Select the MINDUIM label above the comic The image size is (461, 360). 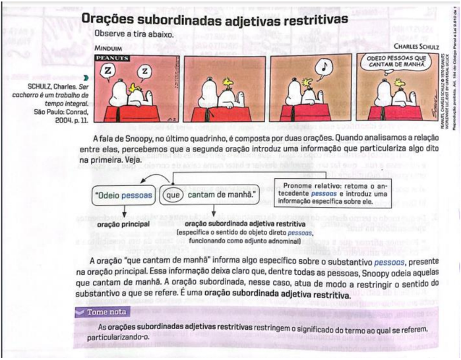(x=109, y=48)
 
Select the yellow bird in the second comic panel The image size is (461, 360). (x=228, y=81)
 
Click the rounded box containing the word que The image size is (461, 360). (x=173, y=195)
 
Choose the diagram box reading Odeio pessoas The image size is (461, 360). (x=124, y=195)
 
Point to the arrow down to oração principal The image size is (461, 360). (x=123, y=212)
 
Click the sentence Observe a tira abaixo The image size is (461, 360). (x=134, y=33)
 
